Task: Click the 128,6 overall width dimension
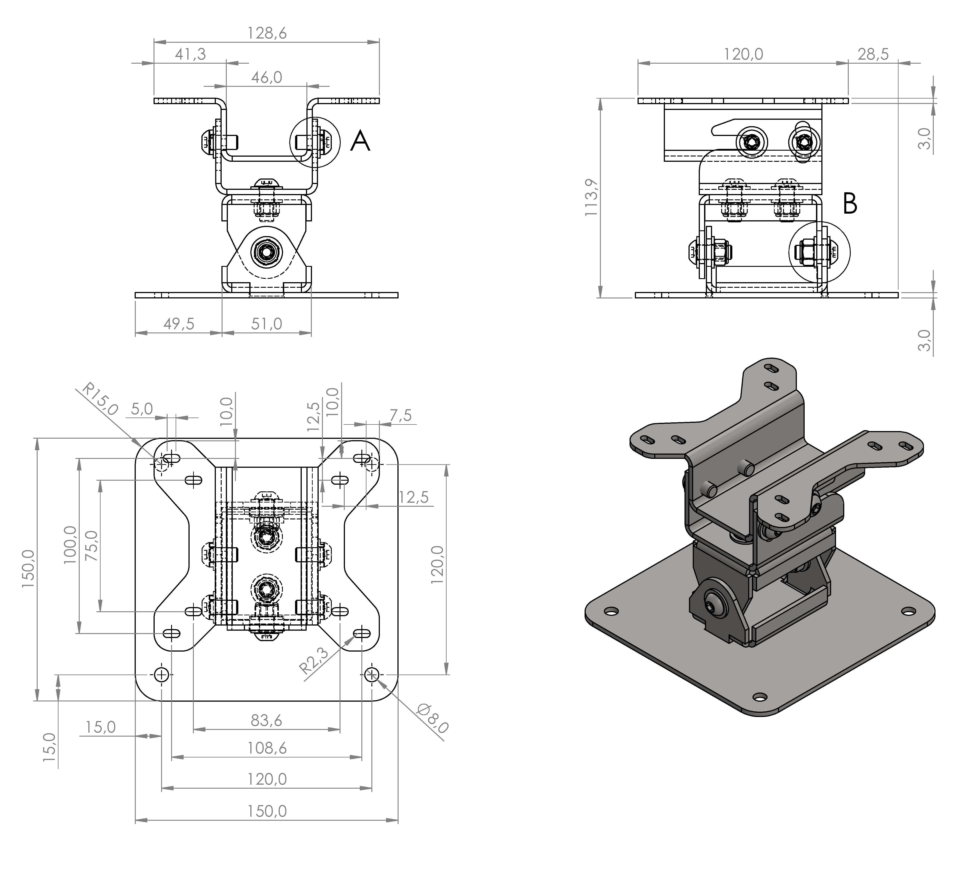[267, 33]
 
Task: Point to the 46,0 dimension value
[267, 77]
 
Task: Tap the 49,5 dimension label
[178, 324]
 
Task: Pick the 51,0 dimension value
[267, 324]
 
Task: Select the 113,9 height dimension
[591, 197]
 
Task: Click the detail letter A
[360, 142]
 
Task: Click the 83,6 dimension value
[267, 720]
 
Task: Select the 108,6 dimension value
[267, 748]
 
